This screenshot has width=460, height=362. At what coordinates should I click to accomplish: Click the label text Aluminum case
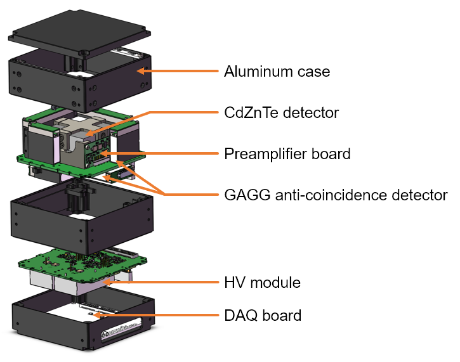pyautogui.click(x=277, y=71)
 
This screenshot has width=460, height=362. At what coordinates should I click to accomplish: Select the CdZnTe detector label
pyautogui.click(x=281, y=113)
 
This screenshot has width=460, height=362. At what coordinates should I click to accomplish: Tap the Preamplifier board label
pyautogui.click(x=287, y=153)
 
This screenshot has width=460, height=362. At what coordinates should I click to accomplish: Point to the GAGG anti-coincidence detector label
pyautogui.click(x=336, y=195)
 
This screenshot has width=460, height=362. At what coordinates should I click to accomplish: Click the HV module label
pyautogui.click(x=262, y=281)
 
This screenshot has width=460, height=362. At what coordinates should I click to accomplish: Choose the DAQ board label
pyautogui.click(x=263, y=315)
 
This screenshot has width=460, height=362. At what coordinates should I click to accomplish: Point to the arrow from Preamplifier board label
pyautogui.click(x=159, y=153)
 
